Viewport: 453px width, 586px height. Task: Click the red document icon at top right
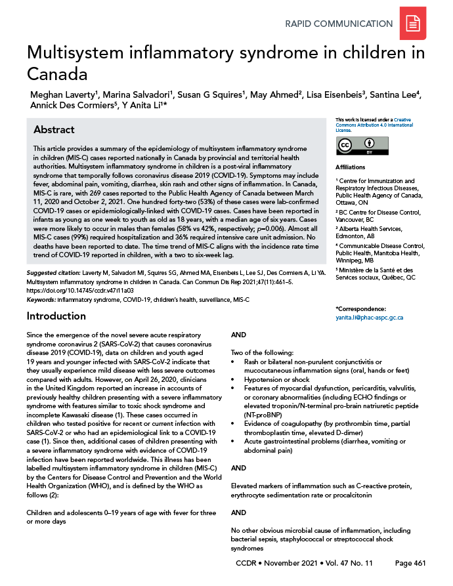tap(413, 24)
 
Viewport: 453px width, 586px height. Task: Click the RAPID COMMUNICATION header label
tap(339, 24)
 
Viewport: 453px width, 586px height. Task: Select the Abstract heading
tap(54, 130)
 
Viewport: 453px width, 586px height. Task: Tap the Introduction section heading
tap(56, 316)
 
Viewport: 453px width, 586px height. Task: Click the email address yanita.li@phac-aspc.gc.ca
tap(369, 318)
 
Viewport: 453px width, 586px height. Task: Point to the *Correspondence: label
tap(362, 308)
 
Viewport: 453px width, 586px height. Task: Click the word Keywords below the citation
tap(41, 299)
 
